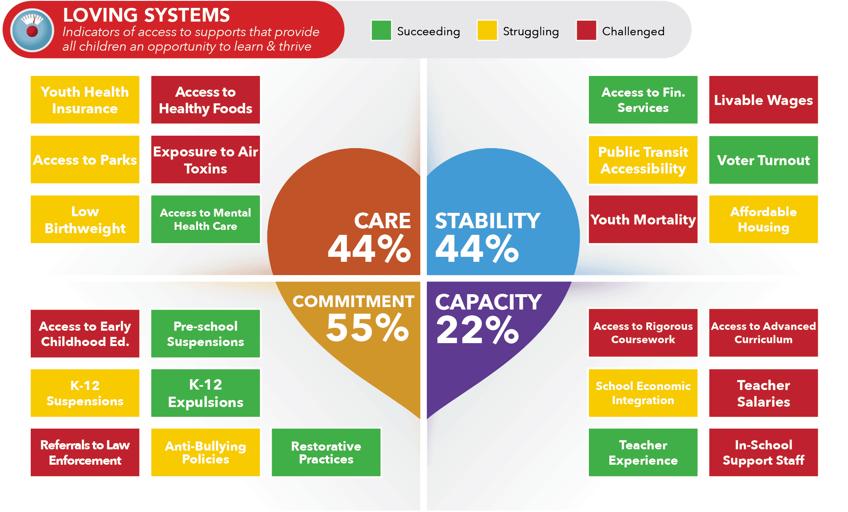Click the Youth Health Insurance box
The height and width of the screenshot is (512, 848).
click(x=85, y=100)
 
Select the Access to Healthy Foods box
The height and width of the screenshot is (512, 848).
click(x=206, y=100)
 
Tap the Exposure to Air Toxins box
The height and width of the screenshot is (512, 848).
click(x=206, y=160)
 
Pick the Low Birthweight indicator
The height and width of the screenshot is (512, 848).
click(x=85, y=219)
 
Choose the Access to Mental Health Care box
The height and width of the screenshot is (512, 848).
click(x=206, y=219)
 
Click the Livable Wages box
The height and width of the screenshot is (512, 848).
click(x=763, y=100)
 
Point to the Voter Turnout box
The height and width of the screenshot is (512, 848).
click(x=763, y=160)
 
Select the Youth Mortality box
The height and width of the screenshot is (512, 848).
click(x=643, y=219)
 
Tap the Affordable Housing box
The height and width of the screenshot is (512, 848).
click(x=763, y=219)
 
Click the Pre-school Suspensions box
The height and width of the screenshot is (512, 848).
click(x=206, y=334)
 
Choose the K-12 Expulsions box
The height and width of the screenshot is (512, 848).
click(x=206, y=393)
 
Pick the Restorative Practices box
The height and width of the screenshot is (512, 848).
click(x=326, y=452)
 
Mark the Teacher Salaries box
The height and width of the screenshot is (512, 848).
click(x=763, y=393)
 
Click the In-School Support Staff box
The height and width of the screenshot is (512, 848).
click(x=763, y=452)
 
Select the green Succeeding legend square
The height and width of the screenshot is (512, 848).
click(x=381, y=30)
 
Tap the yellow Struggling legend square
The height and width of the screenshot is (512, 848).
click(x=487, y=30)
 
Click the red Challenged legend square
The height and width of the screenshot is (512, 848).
click(x=586, y=30)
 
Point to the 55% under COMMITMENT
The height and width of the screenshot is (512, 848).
click(x=368, y=328)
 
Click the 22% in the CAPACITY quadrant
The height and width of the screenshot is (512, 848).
click(x=478, y=330)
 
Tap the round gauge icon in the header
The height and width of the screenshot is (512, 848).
click(x=32, y=30)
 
